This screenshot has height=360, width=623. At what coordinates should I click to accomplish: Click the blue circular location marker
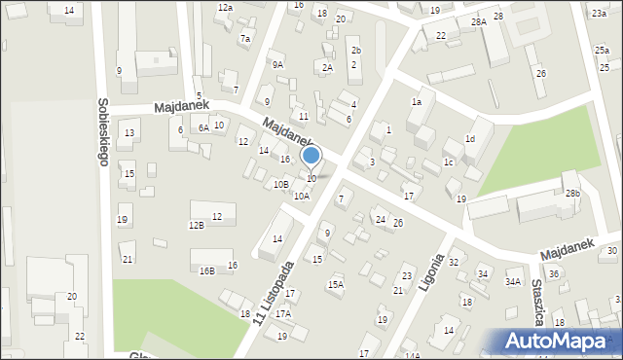pyautogui.click(x=311, y=156)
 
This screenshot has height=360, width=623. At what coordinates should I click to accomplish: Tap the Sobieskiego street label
pyautogui.click(x=102, y=132)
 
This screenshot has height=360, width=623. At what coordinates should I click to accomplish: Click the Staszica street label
pyautogui.click(x=537, y=303)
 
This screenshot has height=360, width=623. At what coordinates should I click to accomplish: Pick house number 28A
pyautogui.click(x=478, y=21)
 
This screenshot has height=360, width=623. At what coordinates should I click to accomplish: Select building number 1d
pyautogui.click(x=470, y=139)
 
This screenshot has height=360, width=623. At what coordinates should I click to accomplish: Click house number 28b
pyautogui.click(x=573, y=194)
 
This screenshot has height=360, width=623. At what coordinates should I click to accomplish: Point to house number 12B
pyautogui.click(x=197, y=226)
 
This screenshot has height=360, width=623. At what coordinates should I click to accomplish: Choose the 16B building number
pyautogui.click(x=206, y=270)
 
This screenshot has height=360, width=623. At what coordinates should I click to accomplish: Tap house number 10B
pyautogui.click(x=280, y=184)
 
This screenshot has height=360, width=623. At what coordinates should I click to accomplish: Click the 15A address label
pyautogui.click(x=335, y=284)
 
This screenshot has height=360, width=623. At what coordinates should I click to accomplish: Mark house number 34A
pyautogui.click(x=512, y=282)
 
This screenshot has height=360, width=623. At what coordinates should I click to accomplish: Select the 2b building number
pyautogui.click(x=355, y=51)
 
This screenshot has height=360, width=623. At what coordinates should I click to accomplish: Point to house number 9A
pyautogui.click(x=277, y=65)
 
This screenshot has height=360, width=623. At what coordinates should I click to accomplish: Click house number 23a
pyautogui.click(x=598, y=14)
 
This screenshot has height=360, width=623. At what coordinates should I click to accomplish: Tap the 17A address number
pyautogui.click(x=283, y=314)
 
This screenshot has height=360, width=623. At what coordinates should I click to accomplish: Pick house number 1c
pyautogui.click(x=449, y=162)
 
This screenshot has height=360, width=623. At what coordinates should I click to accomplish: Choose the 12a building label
pyautogui.click(x=225, y=8)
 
